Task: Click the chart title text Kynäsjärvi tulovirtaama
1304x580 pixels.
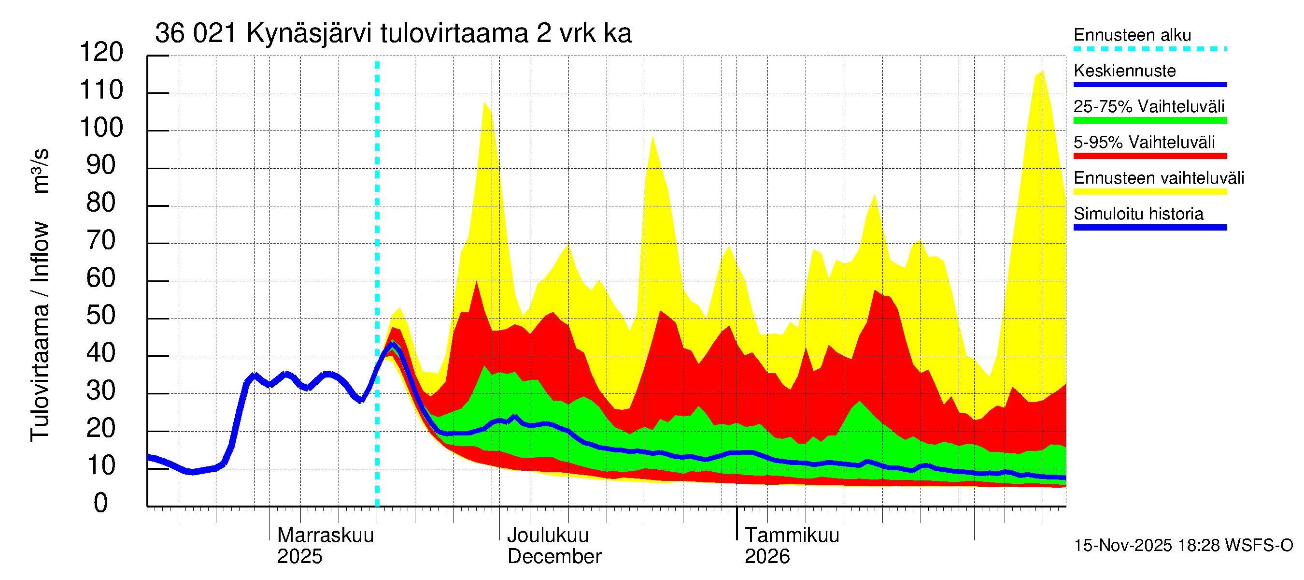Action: [393, 33]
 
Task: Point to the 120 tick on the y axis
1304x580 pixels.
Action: [101, 52]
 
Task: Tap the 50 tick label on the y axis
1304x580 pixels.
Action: [101, 316]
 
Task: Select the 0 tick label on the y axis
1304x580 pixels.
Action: [101, 503]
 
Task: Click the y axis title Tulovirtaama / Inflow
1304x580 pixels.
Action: [40, 332]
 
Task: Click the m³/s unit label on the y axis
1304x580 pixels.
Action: [41, 170]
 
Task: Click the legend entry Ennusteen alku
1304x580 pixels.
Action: [1132, 35]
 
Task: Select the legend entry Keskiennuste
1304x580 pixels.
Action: [1124, 71]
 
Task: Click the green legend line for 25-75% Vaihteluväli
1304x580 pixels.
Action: [1149, 120]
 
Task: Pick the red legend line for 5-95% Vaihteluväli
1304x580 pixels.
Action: [1149, 156]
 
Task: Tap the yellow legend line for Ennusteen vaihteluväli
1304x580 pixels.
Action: [1149, 191]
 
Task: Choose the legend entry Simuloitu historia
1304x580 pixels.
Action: [1138, 214]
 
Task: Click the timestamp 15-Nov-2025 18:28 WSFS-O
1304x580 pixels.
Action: [1183, 545]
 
